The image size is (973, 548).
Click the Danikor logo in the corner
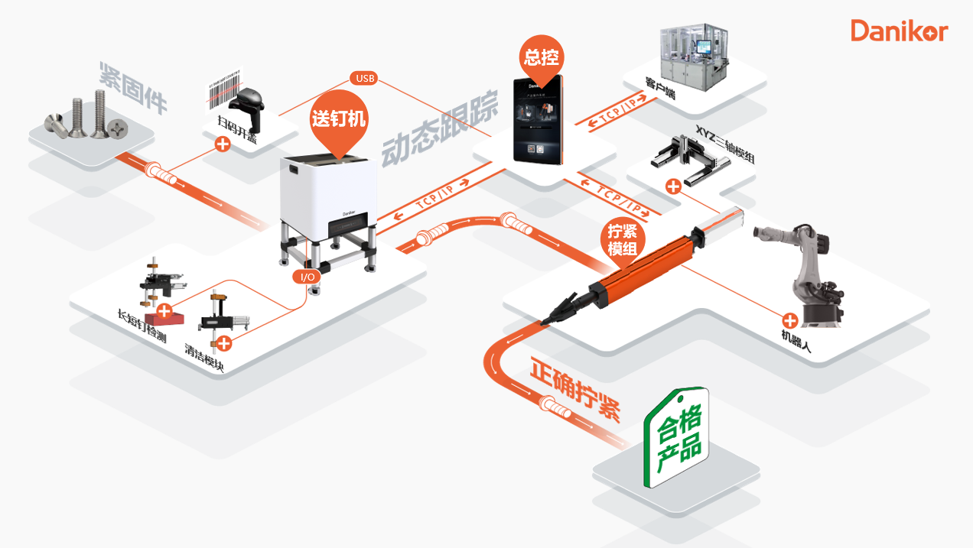(x=899, y=31)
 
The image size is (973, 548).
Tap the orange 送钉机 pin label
(x=338, y=119)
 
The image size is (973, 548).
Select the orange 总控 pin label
(x=542, y=57)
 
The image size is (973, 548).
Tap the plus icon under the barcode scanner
(x=223, y=144)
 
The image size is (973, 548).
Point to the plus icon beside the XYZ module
(x=672, y=186)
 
